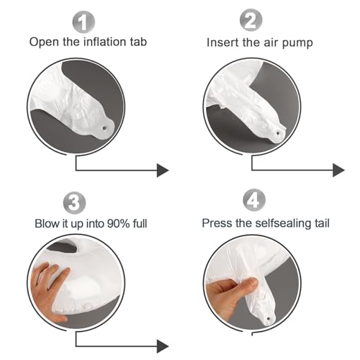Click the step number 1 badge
(84, 22)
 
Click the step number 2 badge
(251, 20)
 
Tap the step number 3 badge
(74, 203)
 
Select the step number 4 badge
(254, 200)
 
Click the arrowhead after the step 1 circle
(163, 171)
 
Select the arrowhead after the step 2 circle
(338, 171)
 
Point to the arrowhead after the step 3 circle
(163, 346)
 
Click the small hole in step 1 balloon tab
(104, 128)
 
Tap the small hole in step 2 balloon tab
(278, 132)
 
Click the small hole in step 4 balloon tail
(269, 319)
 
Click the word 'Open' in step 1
(44, 42)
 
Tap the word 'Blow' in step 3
(48, 224)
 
